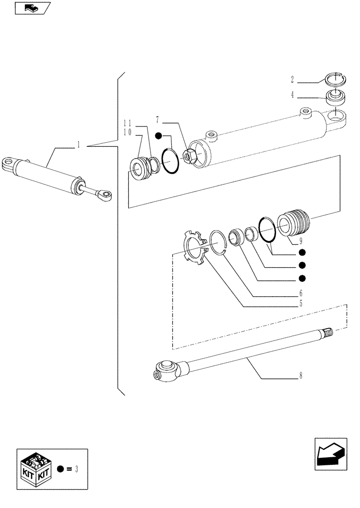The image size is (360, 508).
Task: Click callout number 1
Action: coord(79,145)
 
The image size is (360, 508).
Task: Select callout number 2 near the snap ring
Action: coord(292,79)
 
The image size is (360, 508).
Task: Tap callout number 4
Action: coord(292,94)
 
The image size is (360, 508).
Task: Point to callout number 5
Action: coord(301,304)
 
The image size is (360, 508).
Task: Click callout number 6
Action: coord(301,293)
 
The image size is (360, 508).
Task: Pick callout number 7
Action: coord(158,120)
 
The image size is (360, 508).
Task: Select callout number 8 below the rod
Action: coord(301,376)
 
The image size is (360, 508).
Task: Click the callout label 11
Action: coord(127,123)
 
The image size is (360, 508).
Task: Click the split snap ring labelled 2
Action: coord(336,79)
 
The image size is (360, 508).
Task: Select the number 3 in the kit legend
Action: coord(76,468)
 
